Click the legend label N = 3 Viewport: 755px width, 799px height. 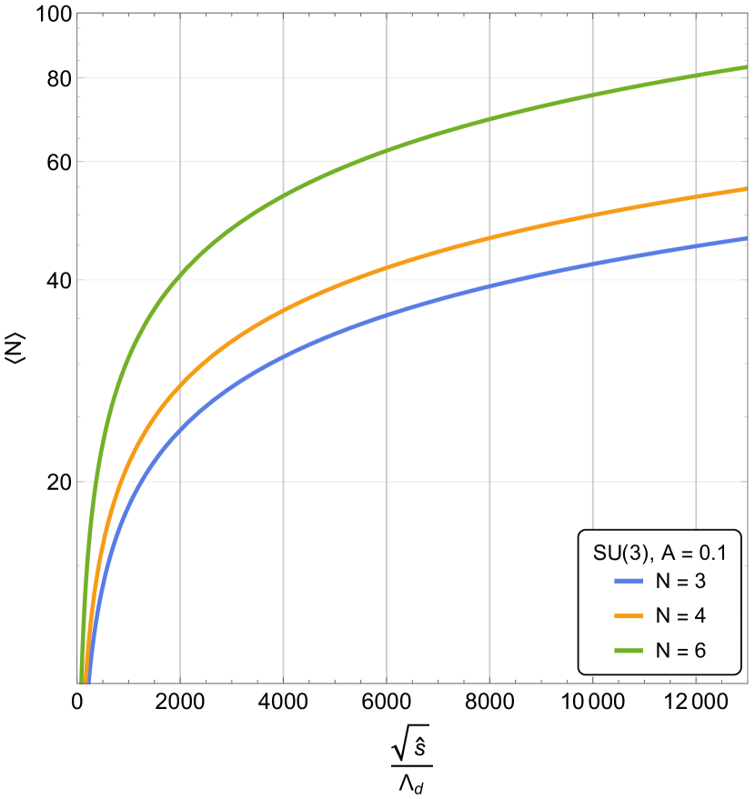click(x=680, y=582)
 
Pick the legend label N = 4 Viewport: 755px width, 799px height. click(x=680, y=616)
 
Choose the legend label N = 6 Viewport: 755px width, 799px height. click(x=680, y=651)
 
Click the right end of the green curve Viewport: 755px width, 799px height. click(x=745, y=67)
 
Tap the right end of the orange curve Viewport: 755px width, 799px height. click(x=745, y=189)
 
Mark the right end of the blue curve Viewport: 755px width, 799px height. click(x=745, y=239)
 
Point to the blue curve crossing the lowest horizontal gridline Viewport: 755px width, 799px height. click(x=136, y=481)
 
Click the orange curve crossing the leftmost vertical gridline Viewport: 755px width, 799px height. click(x=180, y=387)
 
